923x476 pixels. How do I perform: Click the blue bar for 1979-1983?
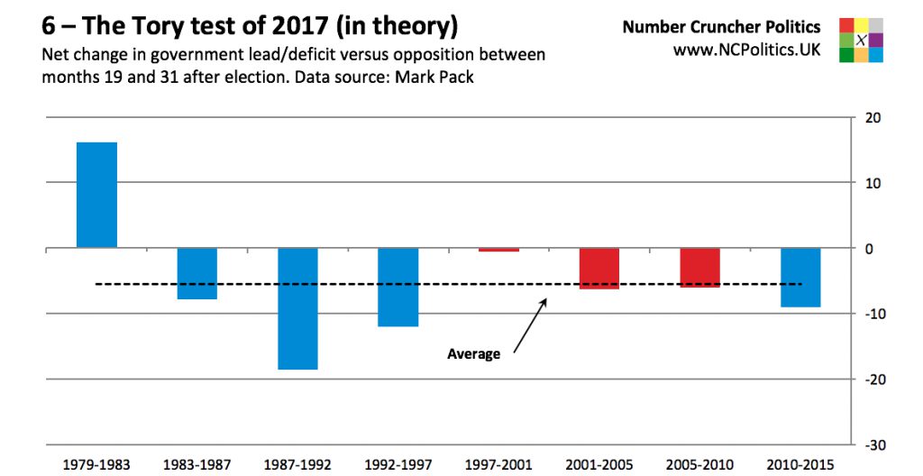96,195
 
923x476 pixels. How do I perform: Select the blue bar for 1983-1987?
196,273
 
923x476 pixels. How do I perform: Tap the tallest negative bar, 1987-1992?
297,308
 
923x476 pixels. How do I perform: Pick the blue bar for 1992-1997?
398,287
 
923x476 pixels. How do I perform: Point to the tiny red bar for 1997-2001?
498,250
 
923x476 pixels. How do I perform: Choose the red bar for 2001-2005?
599,268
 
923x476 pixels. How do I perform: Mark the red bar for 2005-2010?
699,267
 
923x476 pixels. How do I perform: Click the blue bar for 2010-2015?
800,277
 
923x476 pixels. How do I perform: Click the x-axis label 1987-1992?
297,465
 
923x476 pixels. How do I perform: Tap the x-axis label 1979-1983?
96,465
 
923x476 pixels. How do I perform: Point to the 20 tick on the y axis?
873,117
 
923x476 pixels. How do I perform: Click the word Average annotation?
473,354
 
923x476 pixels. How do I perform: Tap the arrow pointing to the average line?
530,326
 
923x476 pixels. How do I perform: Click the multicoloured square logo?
861,40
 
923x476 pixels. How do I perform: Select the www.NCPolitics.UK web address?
746,50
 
